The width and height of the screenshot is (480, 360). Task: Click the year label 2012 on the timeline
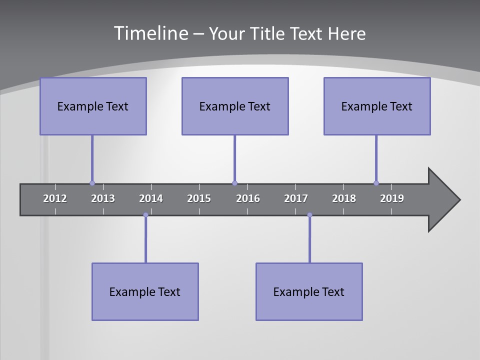(55, 198)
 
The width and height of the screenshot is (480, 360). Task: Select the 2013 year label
(103, 198)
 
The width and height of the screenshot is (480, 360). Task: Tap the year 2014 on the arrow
(151, 198)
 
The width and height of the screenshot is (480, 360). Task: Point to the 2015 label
(199, 198)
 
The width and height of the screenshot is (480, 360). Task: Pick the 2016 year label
(248, 198)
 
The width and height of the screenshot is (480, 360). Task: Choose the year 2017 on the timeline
(296, 198)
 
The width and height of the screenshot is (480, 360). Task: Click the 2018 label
(344, 198)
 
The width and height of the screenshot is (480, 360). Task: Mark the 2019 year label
(392, 198)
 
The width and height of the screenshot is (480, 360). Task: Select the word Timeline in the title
(150, 33)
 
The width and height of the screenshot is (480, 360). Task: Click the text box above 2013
(93, 106)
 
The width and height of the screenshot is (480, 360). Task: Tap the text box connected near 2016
(235, 106)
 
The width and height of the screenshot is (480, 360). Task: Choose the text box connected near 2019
(377, 106)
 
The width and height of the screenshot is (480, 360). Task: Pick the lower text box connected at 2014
(145, 291)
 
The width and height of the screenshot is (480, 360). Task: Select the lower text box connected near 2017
(309, 291)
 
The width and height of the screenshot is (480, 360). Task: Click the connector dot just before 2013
(92, 183)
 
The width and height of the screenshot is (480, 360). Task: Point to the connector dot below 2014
(145, 215)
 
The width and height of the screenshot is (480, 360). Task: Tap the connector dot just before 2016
(234, 183)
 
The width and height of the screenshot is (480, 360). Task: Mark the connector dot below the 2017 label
(309, 215)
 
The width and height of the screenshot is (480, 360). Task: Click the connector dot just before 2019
(376, 183)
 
